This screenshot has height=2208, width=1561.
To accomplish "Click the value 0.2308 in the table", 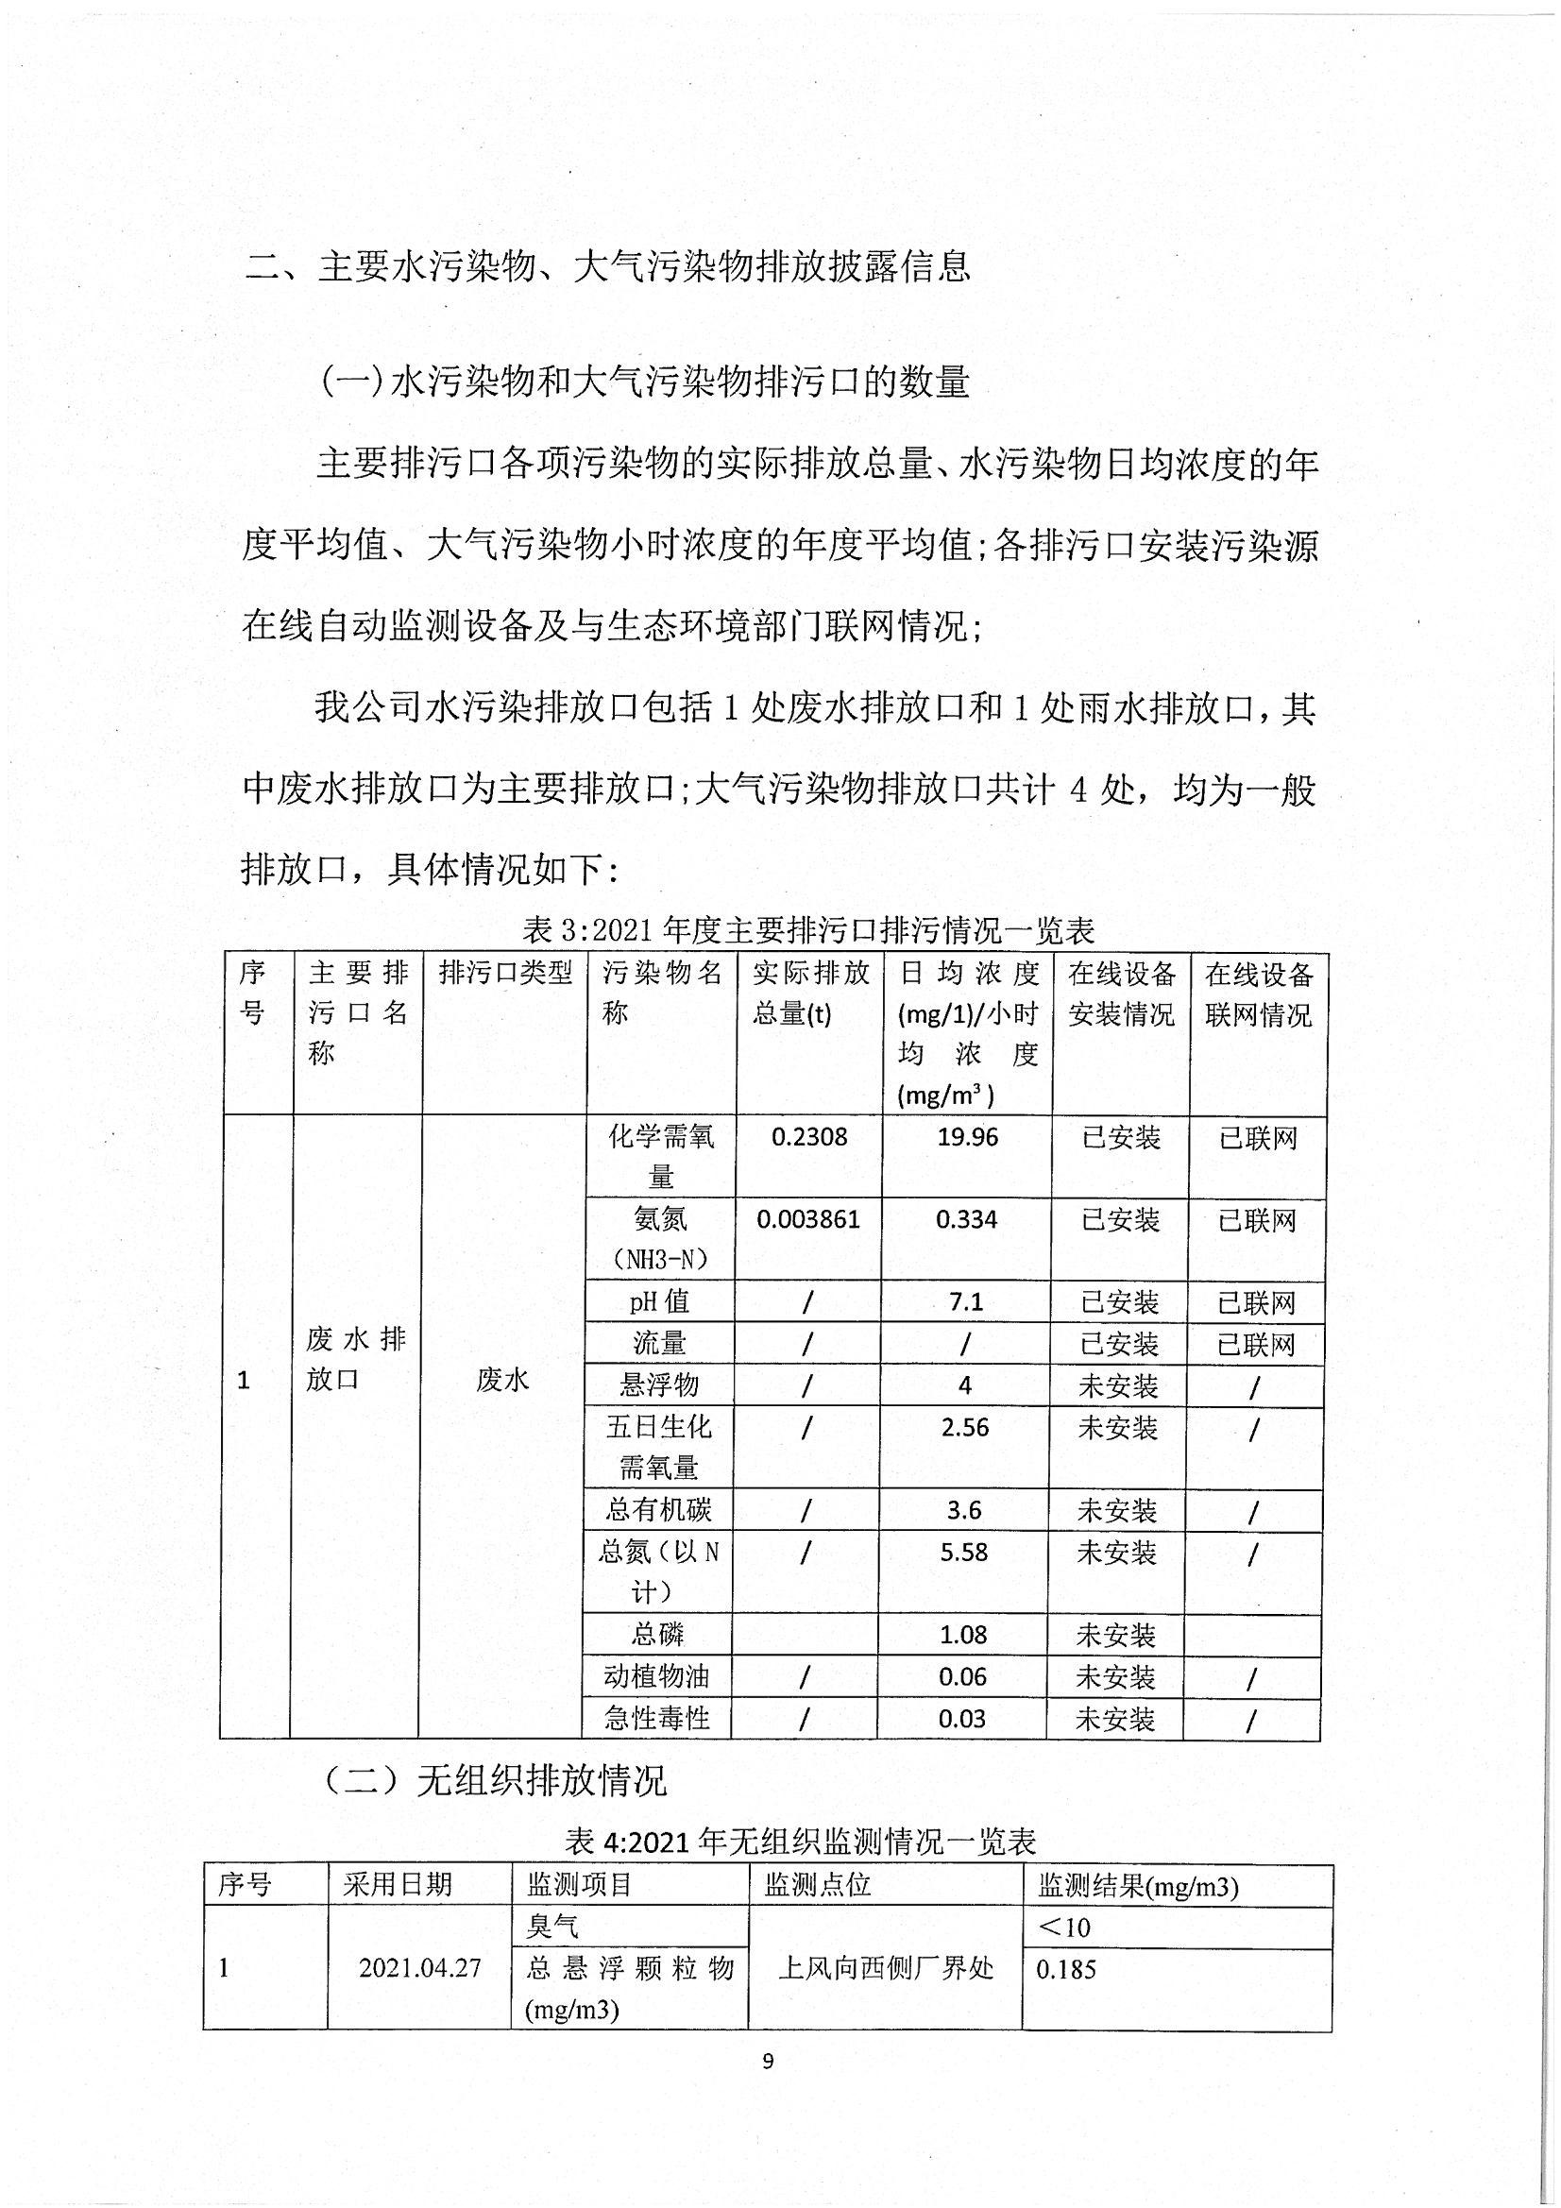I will point(809,1137).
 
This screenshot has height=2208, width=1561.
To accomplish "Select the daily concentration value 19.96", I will point(968,1137).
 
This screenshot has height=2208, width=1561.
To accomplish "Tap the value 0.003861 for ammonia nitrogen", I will point(808,1219).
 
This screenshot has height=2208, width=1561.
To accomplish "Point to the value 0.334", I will point(966,1219).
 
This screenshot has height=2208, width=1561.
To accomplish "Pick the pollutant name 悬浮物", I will point(659,1384).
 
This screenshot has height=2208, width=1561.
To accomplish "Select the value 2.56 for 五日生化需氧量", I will point(965,1428).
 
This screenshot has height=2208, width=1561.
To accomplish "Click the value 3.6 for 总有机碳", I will point(964,1511).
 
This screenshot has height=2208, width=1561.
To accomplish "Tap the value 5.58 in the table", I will point(963,1553).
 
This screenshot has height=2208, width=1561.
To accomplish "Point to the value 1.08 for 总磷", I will point(963,1635).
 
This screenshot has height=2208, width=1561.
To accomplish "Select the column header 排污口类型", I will point(505,974).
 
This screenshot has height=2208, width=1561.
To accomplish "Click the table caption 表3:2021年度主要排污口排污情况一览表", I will point(809,931).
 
